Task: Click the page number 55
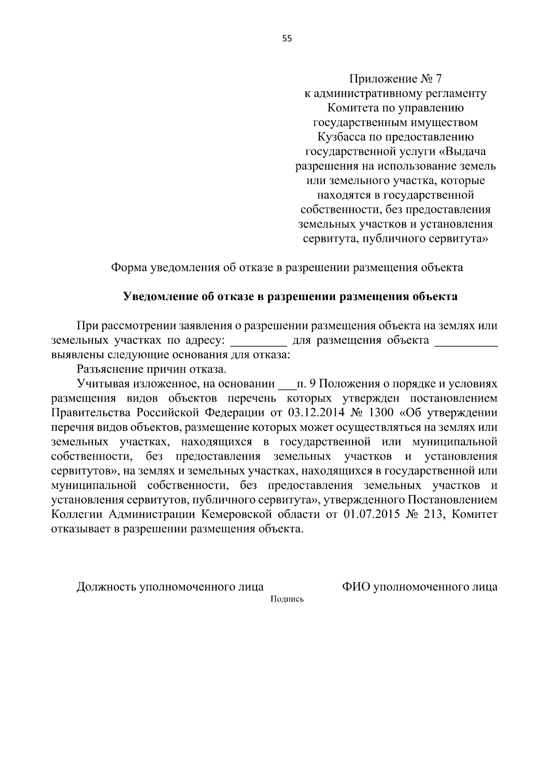[x=287, y=38]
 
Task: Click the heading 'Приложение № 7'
[x=395, y=79]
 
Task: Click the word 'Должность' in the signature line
[x=106, y=587]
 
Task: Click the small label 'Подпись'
[x=287, y=599]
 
